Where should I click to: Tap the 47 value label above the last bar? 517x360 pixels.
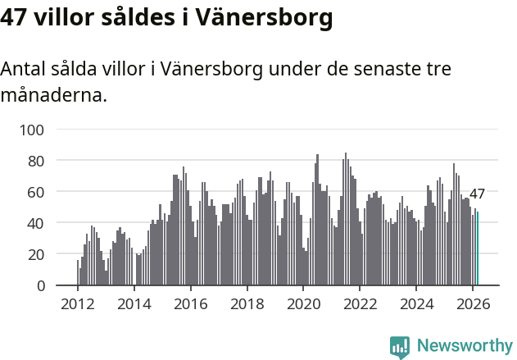(477, 194)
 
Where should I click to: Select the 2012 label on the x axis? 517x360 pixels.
(78, 303)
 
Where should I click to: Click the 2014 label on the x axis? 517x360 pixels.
(134, 303)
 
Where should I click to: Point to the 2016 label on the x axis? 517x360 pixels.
(191, 303)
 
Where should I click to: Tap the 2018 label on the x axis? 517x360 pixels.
(247, 303)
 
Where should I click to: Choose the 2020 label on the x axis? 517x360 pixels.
(304, 303)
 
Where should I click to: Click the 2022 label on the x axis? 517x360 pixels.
(361, 303)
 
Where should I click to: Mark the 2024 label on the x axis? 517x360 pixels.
(417, 303)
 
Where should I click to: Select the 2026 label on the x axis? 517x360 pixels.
(474, 303)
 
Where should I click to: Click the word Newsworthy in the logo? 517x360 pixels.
(464, 346)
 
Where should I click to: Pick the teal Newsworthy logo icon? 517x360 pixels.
(400, 347)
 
